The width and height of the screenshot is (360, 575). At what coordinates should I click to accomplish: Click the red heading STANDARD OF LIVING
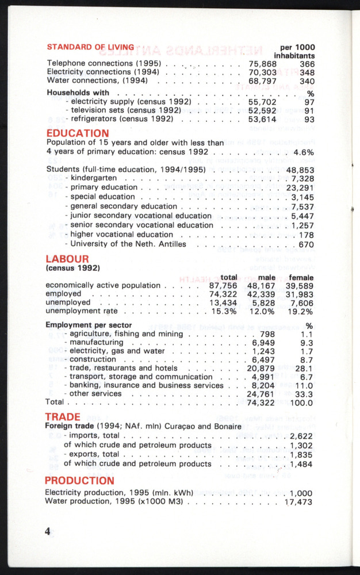click(90, 47)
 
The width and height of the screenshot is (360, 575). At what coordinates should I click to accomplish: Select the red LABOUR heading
click(67, 259)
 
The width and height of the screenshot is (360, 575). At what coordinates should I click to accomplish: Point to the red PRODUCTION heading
click(80, 480)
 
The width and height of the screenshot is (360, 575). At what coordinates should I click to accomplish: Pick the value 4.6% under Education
click(303, 152)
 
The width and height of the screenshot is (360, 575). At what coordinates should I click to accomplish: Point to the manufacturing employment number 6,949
click(263, 343)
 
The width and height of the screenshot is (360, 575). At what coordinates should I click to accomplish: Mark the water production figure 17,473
click(298, 502)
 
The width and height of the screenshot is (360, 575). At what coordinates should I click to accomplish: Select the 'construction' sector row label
click(94, 359)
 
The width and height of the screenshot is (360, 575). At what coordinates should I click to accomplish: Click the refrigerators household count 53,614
click(263, 119)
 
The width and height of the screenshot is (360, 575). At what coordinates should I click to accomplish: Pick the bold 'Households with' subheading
click(78, 92)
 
